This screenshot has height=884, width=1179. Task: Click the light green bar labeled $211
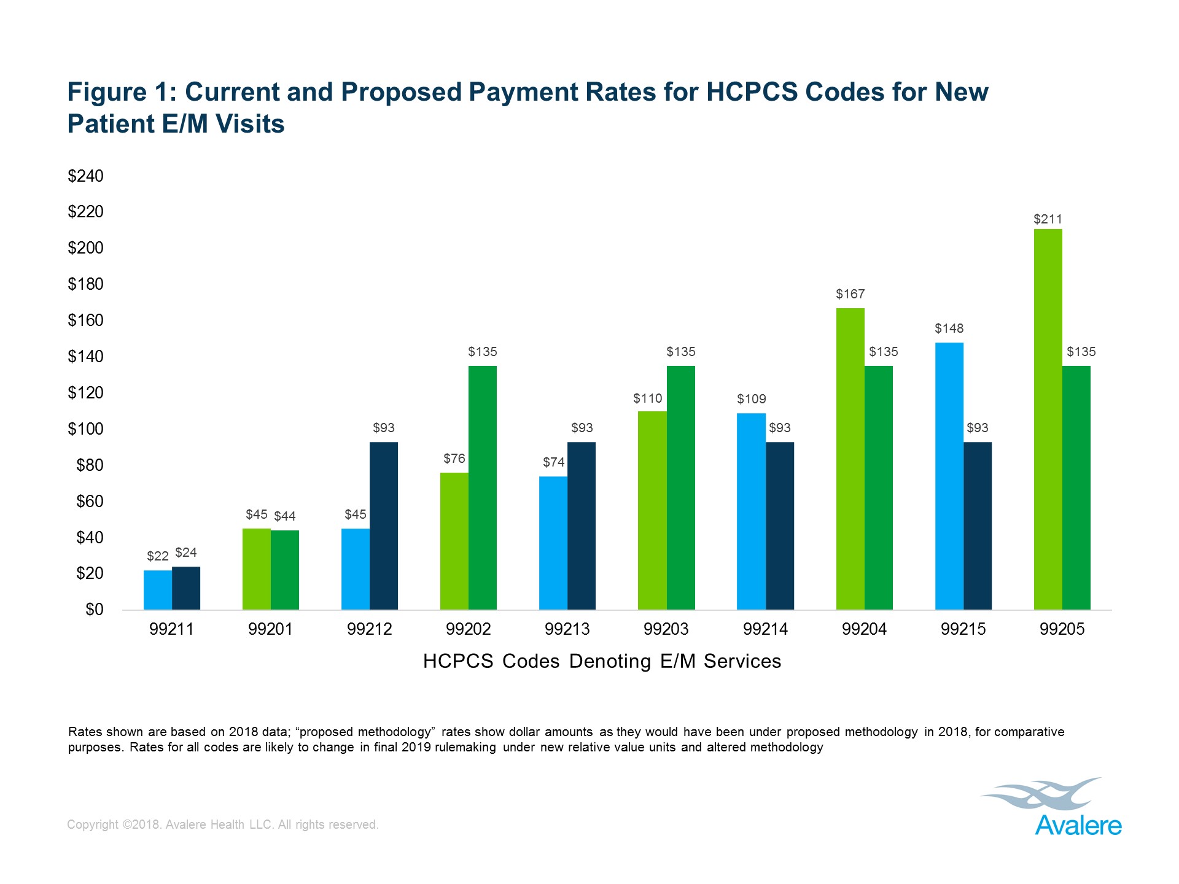1048,419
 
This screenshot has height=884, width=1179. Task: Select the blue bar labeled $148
949,476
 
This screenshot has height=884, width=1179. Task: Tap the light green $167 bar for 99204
850,459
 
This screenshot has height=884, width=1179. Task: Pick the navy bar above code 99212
384,525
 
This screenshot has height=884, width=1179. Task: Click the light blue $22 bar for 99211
158,590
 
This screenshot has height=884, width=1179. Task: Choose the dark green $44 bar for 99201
285,570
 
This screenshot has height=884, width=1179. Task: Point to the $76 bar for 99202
454,541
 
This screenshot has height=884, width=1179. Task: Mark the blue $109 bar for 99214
751,511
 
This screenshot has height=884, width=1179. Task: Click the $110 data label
648,398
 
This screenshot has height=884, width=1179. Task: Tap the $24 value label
186,552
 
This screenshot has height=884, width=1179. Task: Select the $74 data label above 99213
553,462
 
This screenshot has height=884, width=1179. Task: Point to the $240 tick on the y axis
85,176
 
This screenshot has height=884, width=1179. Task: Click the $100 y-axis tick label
85,429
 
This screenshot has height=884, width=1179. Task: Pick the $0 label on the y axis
94,610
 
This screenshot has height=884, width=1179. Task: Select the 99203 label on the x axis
666,629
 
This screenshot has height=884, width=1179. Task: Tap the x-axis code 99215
963,629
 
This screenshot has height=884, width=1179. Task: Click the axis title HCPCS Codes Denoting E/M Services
602,661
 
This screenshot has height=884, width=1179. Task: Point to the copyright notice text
222,824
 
